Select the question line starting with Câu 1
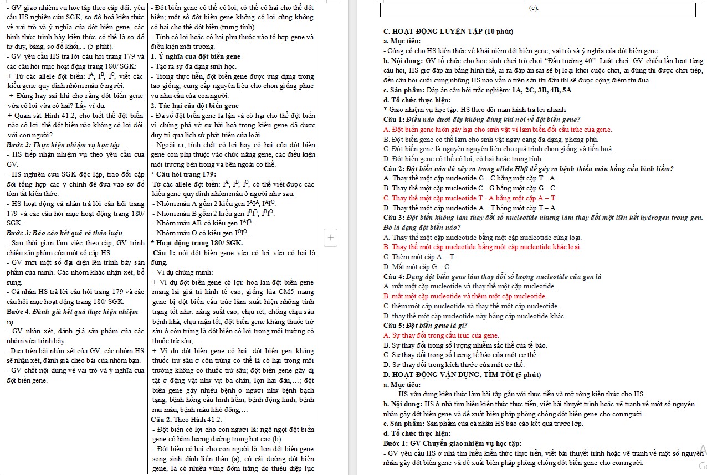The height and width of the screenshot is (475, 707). tap(481, 120)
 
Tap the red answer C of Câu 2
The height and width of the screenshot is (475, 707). tap(469, 198)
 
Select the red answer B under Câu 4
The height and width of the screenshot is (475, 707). tap(457, 296)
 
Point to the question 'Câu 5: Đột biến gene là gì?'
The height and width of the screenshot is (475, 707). tap(417, 326)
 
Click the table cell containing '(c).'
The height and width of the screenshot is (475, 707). tap(609, 9)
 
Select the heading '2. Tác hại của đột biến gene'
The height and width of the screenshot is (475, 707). tap(194, 106)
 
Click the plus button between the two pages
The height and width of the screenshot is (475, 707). tap(331, 238)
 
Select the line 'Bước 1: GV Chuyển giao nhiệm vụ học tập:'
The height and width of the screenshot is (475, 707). tap(452, 443)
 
